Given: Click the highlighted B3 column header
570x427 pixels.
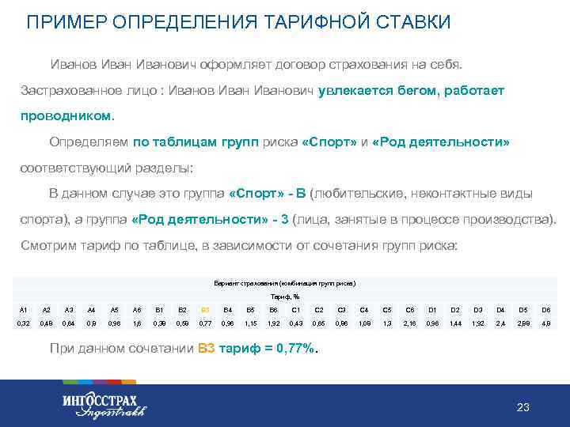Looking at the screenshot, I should [x=205, y=309].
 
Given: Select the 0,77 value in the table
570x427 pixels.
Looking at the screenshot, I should [x=205, y=324].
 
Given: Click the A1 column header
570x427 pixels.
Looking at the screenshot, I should [x=24, y=309].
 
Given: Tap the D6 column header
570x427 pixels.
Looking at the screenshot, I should [x=546, y=309].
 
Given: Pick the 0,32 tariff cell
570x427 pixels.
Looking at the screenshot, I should [x=24, y=324].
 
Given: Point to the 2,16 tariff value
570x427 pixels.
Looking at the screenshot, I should [x=409, y=324].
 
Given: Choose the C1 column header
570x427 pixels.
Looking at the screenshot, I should [x=296, y=309].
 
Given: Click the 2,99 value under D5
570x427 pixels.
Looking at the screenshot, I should [x=523, y=324].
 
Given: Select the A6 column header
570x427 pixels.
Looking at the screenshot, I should [x=137, y=309].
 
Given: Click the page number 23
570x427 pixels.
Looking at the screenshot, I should [x=522, y=407].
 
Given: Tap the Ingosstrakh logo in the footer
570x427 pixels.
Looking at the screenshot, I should [x=104, y=404].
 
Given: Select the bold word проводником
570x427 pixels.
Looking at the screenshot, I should [x=67, y=115].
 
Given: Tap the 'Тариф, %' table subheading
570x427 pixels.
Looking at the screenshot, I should [x=285, y=296].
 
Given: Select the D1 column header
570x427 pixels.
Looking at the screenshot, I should [x=432, y=309].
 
